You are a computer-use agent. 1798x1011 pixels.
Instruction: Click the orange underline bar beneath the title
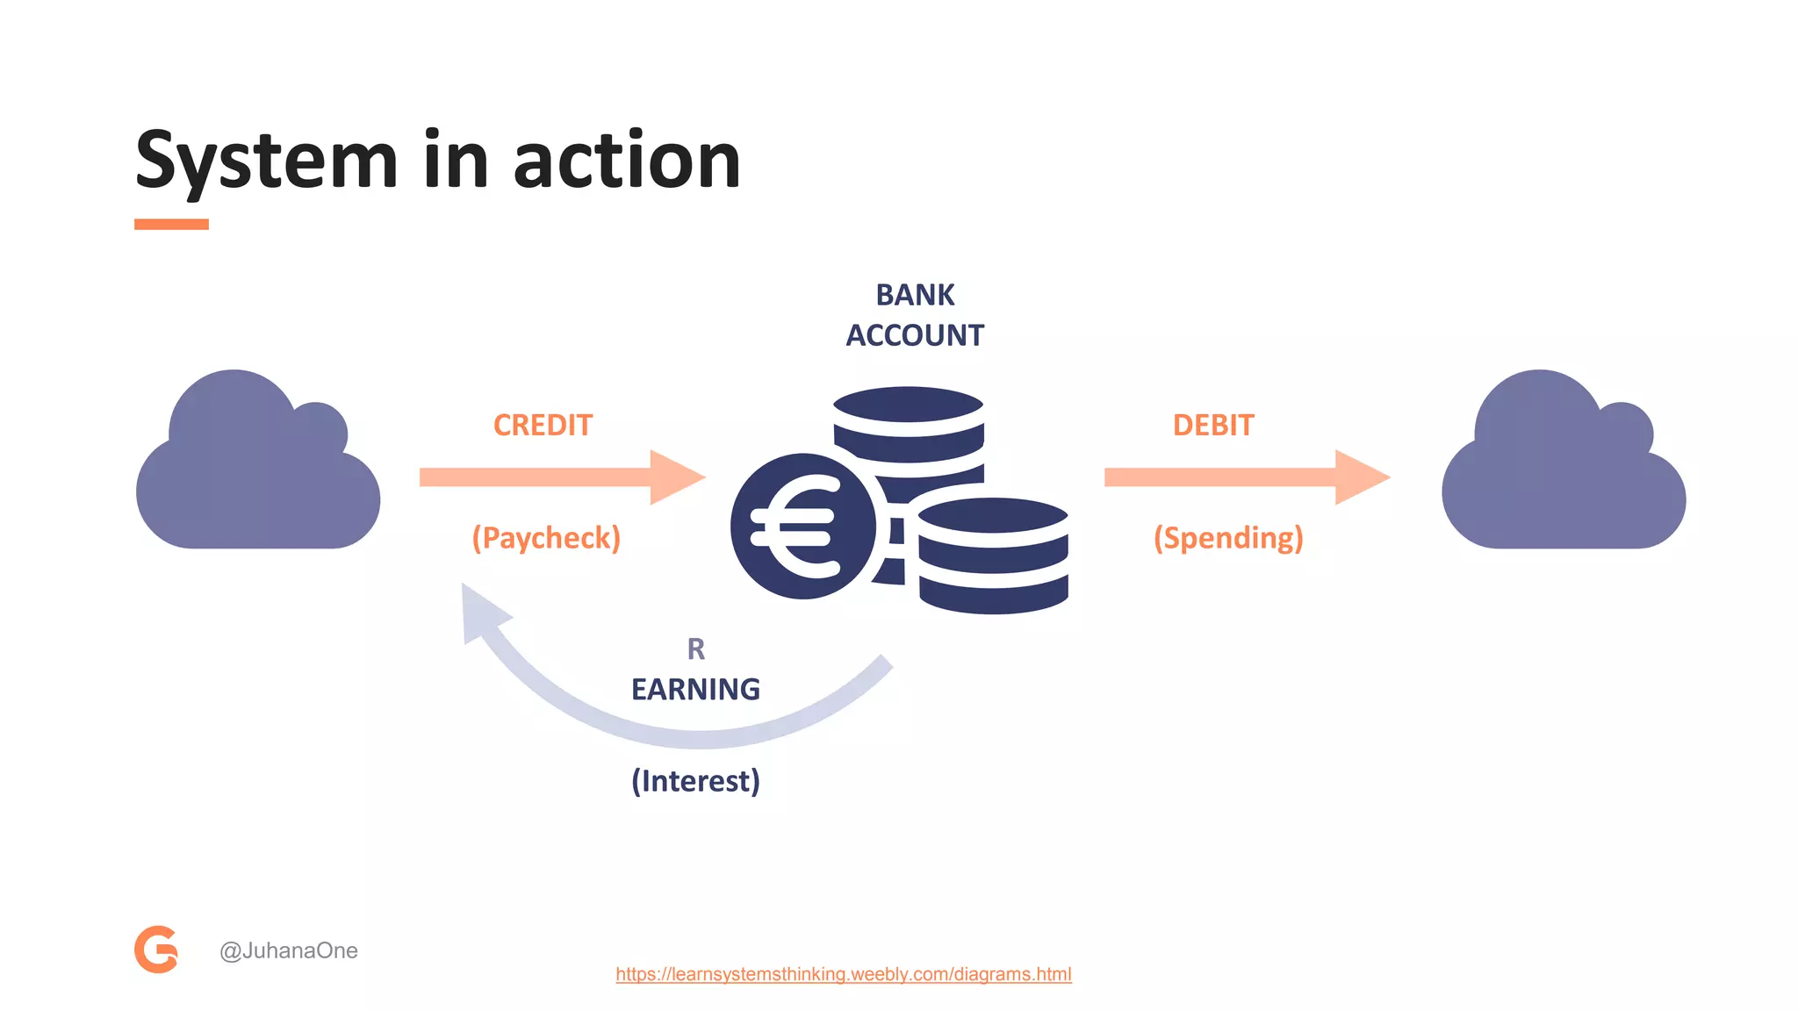tap(171, 225)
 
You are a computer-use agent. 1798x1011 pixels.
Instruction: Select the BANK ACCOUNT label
tap(915, 315)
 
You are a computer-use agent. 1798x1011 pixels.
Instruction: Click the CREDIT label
tap(543, 426)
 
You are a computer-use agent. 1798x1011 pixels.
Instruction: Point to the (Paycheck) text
tap(546, 538)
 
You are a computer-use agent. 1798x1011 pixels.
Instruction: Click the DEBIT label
tap(1213, 426)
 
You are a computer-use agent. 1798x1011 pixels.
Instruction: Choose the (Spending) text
tap(1228, 538)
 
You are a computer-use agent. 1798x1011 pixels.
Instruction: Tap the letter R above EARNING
tap(695, 649)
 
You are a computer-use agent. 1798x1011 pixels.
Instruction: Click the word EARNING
tap(695, 690)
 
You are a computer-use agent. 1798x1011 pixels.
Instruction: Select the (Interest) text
tap(695, 781)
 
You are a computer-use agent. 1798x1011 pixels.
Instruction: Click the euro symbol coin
tap(802, 527)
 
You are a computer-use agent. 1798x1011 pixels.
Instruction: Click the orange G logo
tap(156, 950)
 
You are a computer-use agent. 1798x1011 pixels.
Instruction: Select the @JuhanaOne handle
tap(289, 950)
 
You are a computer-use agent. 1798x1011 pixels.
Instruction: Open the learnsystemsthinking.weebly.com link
tap(843, 974)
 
